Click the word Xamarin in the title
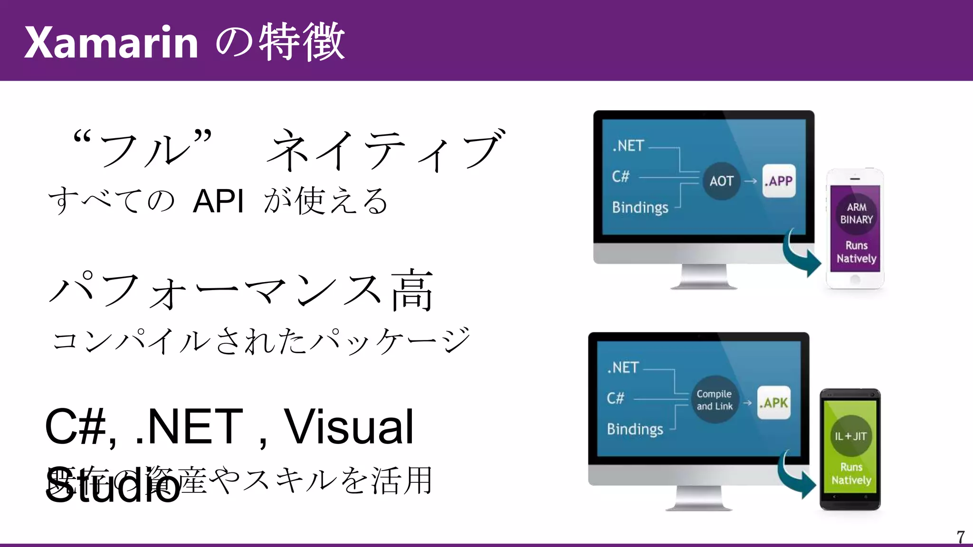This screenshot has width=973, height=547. click(111, 43)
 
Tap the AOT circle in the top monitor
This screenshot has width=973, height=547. click(721, 181)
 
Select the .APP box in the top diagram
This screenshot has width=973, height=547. click(779, 181)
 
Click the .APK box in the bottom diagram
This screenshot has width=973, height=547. click(773, 403)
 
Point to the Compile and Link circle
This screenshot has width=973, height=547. click(715, 400)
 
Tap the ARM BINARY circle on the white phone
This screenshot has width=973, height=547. click(856, 214)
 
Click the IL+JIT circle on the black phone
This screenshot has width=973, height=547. click(851, 436)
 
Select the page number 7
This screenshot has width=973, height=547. click(960, 537)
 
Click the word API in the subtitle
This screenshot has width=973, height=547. click(218, 201)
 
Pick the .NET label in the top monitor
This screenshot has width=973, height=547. click(628, 146)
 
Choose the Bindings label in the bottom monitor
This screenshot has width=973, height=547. click(635, 429)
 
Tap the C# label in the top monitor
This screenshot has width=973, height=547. click(620, 177)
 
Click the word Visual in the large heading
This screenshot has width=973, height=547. click(349, 427)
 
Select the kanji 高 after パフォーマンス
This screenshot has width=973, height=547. click(412, 290)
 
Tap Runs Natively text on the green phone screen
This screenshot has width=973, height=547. click(851, 473)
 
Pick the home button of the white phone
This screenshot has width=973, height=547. click(855, 280)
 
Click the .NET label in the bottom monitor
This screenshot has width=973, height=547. click(623, 368)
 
